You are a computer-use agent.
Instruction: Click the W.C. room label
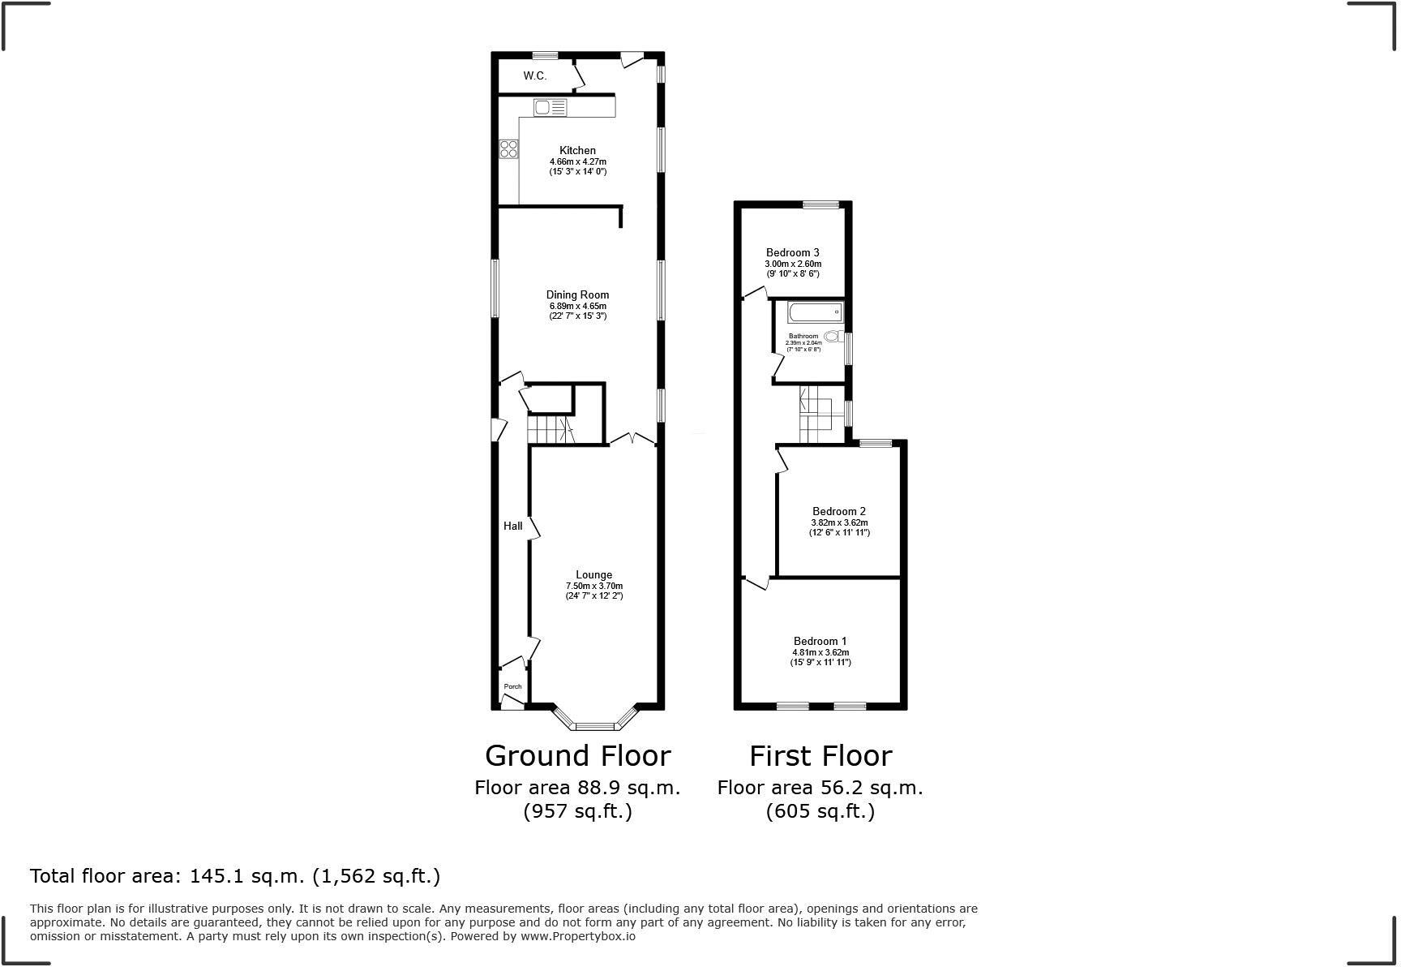click(x=535, y=75)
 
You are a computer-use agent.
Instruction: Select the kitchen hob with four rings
click(x=508, y=148)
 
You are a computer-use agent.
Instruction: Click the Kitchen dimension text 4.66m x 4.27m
click(x=577, y=161)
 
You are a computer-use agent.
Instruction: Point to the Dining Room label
click(x=577, y=294)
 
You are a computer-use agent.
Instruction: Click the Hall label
click(x=512, y=526)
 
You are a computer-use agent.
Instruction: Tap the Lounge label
click(x=593, y=574)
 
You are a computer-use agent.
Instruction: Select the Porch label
click(x=512, y=686)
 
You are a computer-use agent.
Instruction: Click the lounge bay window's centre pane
click(x=595, y=725)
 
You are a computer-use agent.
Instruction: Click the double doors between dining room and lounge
click(x=633, y=439)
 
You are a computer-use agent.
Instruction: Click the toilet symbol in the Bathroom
click(x=832, y=336)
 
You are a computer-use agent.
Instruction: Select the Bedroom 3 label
click(x=792, y=252)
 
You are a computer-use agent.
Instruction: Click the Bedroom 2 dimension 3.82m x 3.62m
click(x=839, y=522)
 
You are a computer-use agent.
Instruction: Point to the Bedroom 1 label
click(x=820, y=641)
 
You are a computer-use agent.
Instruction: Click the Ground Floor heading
click(x=577, y=755)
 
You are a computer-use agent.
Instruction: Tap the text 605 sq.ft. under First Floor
click(x=820, y=810)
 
